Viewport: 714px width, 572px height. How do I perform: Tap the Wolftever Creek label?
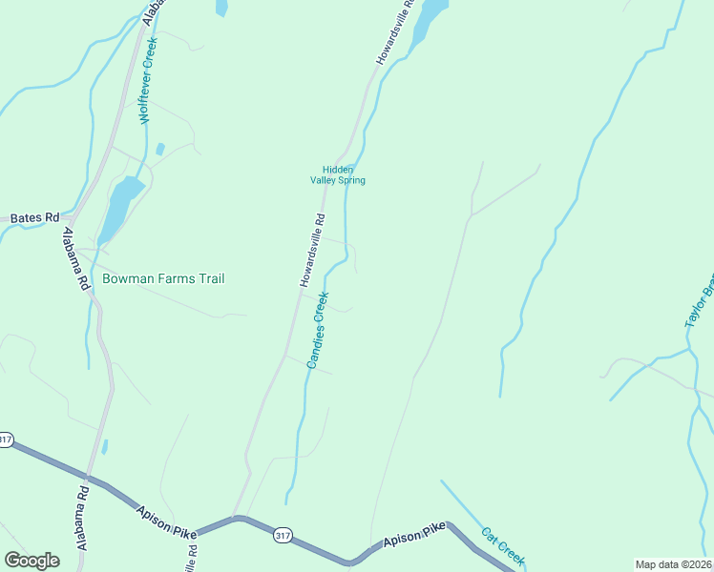click(147, 92)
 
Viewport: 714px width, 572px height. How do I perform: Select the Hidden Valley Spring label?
click(337, 174)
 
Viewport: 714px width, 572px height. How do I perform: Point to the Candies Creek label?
click(317, 330)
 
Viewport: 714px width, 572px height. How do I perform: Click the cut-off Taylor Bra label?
click(700, 303)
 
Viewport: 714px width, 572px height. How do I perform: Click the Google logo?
click(31, 561)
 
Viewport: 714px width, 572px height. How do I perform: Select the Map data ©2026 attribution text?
click(674, 564)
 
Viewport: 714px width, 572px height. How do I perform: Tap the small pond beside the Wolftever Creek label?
click(160, 150)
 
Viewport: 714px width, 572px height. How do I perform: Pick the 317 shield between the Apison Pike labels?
click(282, 535)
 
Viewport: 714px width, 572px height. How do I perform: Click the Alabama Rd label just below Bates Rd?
click(76, 257)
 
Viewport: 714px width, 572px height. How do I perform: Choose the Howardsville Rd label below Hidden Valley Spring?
click(312, 250)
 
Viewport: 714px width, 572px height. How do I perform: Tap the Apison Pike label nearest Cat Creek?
click(414, 534)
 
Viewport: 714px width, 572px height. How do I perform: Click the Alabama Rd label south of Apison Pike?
click(83, 520)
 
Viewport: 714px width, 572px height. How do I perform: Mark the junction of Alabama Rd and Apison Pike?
click(88, 477)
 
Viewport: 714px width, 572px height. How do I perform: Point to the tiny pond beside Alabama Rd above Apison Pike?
click(104, 446)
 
